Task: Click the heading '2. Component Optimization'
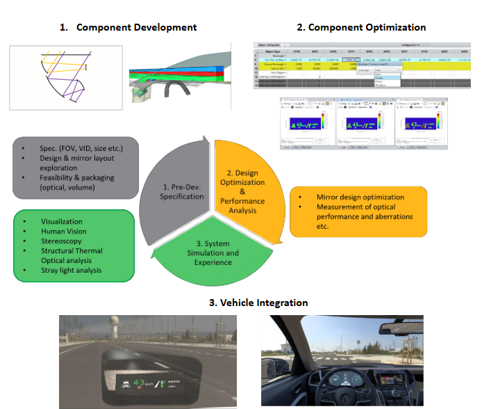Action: (361, 27)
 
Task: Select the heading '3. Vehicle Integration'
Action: (258, 303)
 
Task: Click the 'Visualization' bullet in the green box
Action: (66, 222)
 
